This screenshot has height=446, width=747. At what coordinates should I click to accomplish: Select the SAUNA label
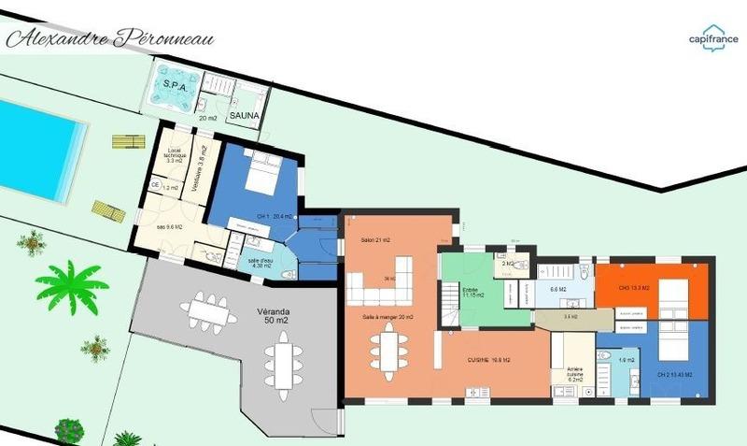246,116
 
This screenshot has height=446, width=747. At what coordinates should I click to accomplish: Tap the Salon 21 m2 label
374,240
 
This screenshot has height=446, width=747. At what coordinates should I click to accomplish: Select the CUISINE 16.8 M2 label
494,358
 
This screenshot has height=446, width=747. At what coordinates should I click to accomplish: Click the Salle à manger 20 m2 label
388,318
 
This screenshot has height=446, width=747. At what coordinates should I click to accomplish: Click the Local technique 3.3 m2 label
175,156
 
